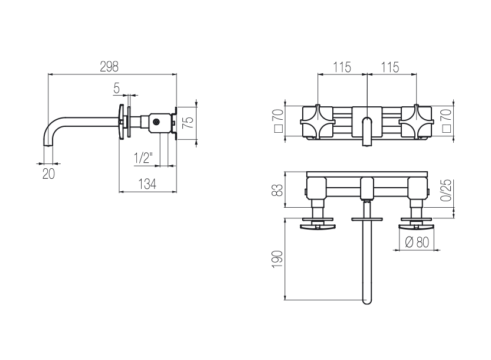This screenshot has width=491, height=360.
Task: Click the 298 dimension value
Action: [109, 67]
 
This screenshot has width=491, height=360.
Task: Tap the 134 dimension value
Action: [147, 184]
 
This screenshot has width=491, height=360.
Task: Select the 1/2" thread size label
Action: [143, 158]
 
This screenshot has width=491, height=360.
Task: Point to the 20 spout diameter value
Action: [48, 174]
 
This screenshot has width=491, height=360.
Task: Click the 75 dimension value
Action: [188, 122]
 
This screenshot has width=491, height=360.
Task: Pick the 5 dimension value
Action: [116, 89]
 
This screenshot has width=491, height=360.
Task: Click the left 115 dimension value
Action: [342, 67]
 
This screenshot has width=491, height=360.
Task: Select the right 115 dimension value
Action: [390, 67]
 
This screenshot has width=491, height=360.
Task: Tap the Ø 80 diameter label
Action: [417, 242]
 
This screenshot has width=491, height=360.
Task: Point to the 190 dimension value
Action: [277, 259]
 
